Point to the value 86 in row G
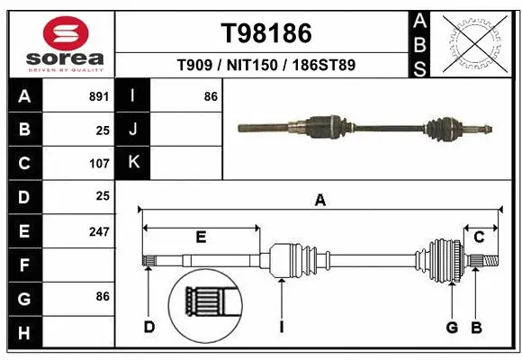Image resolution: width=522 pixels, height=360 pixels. [102, 295]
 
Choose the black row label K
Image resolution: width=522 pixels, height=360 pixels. [134, 163]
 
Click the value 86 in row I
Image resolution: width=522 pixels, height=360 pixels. [211, 96]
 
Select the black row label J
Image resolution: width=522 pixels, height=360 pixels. [134, 130]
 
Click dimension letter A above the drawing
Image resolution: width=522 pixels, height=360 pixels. [319, 201]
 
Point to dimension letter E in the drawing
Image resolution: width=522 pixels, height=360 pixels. [201, 238]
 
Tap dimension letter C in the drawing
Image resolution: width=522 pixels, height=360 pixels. [480, 237]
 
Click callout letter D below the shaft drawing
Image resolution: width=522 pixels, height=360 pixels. [149, 327]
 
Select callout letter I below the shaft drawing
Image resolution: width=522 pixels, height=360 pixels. [281, 327]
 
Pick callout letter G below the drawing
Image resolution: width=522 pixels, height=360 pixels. [452, 327]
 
